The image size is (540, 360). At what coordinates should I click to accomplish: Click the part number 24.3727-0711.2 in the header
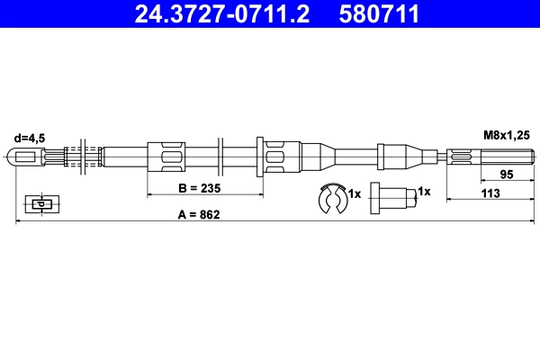point(222,13)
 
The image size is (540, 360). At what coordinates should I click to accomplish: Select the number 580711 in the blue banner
point(379,13)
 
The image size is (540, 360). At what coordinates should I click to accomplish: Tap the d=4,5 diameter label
point(30,138)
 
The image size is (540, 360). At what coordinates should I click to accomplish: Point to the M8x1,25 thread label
point(506,135)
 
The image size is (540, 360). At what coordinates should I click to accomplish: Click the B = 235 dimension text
point(200,188)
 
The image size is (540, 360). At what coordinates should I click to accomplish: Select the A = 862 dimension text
point(199,214)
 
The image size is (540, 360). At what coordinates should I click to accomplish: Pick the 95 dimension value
point(507,175)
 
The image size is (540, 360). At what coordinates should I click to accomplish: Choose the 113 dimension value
point(490,193)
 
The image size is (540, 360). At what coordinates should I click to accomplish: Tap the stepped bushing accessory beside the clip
point(393,198)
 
